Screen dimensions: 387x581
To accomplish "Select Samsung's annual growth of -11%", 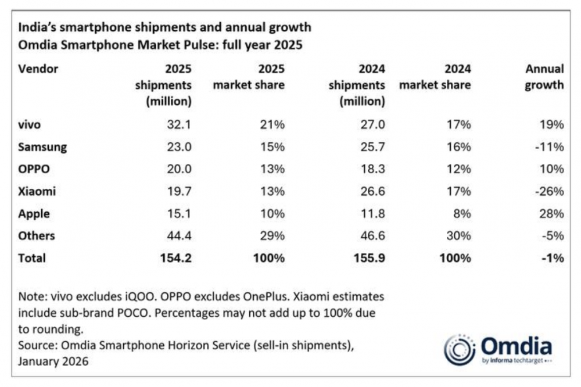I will (x=549, y=147).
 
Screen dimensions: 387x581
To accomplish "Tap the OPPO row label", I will (x=34, y=169).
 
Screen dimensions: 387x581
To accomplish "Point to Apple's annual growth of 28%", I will (x=551, y=213).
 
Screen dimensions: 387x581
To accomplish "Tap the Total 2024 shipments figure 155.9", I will (x=368, y=257).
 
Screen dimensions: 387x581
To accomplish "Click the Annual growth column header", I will (x=544, y=77).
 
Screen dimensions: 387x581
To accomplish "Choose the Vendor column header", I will (x=38, y=69).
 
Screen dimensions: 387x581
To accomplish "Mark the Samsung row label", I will (x=42, y=147).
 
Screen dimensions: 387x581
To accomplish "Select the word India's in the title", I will (x=37, y=27).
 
